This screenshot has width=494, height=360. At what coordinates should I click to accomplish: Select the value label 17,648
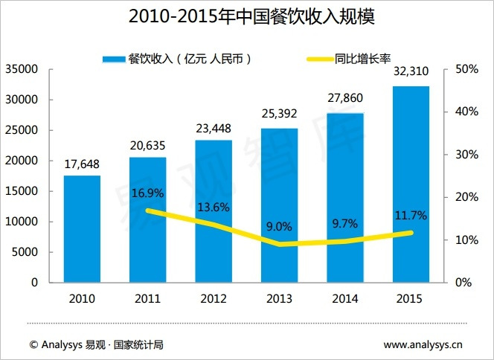(x=82, y=164)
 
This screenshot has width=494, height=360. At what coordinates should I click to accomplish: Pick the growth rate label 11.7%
(x=411, y=216)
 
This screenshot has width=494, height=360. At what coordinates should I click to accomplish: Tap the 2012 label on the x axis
(x=214, y=298)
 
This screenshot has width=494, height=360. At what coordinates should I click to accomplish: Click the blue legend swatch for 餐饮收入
(x=114, y=58)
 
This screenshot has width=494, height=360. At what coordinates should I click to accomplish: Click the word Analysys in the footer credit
(x=62, y=344)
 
